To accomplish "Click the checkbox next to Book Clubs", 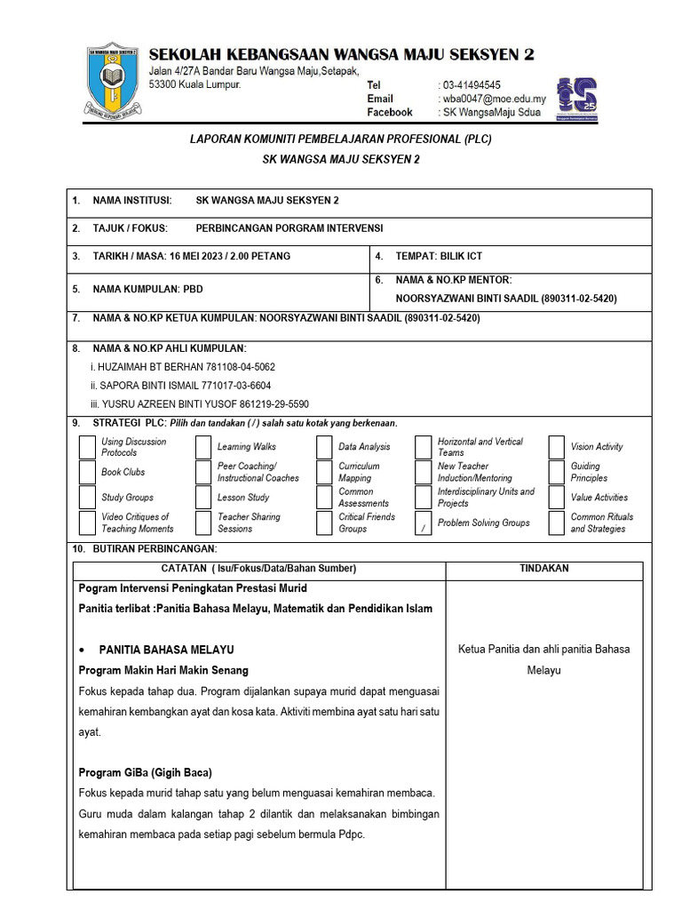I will [x=87, y=472].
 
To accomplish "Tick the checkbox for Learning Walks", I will [x=203, y=447].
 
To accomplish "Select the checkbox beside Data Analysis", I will [x=324, y=447].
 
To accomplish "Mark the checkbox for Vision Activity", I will [x=557, y=447].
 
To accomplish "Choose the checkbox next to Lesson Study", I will [x=203, y=498].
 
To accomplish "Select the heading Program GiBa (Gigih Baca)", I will [x=146, y=771].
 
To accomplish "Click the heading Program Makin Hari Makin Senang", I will [x=163, y=670].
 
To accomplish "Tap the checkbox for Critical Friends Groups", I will [x=324, y=523].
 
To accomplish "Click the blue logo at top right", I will [x=576, y=99].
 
